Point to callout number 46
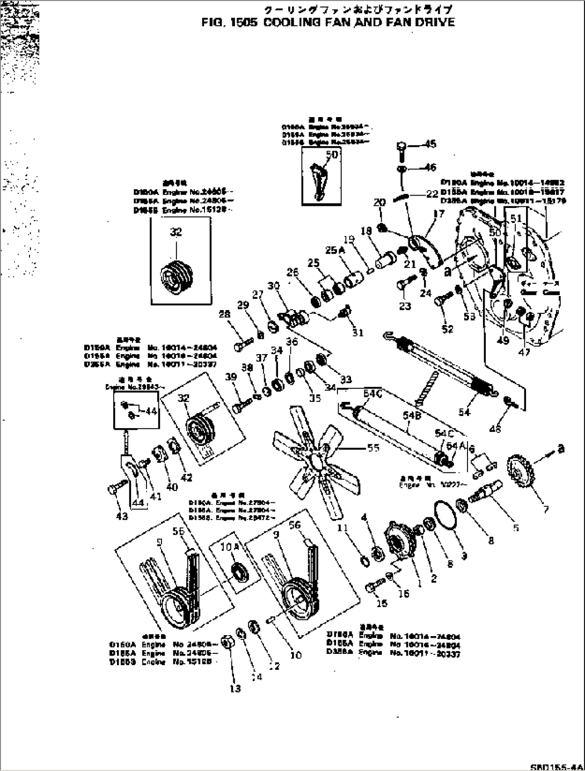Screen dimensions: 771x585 (x=430, y=168)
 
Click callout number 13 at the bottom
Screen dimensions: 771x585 (x=235, y=688)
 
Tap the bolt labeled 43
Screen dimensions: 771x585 (x=115, y=489)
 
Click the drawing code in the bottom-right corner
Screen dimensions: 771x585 (x=565, y=766)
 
